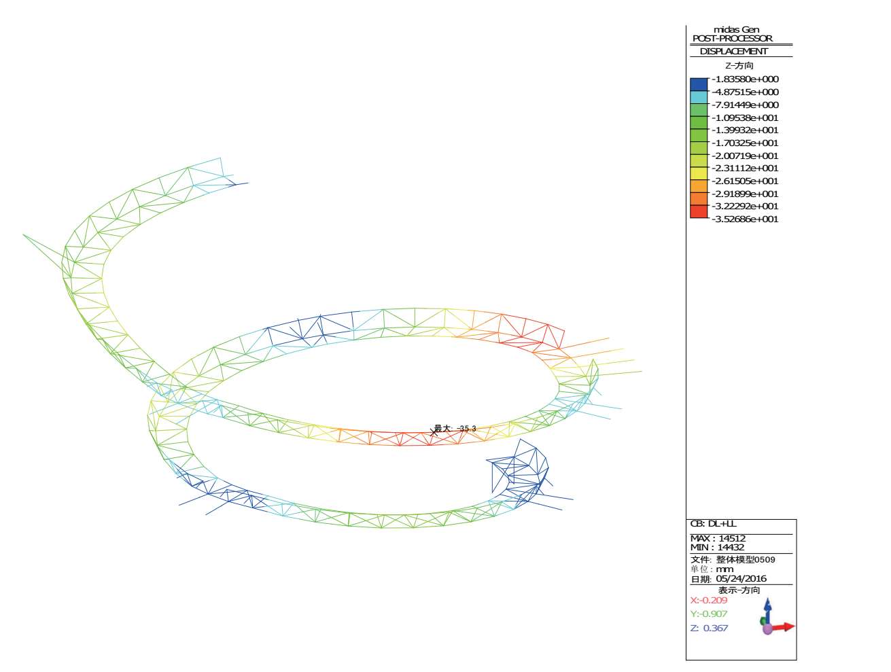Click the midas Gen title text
(x=736, y=30)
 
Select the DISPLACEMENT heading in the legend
(x=733, y=52)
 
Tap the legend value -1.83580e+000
(x=745, y=79)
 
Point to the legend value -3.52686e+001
(x=745, y=219)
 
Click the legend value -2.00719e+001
(x=745, y=156)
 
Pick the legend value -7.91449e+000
(x=745, y=105)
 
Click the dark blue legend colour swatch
(x=699, y=84)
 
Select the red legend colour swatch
(x=699, y=211)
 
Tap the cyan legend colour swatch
(x=699, y=97)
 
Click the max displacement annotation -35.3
(x=455, y=429)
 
